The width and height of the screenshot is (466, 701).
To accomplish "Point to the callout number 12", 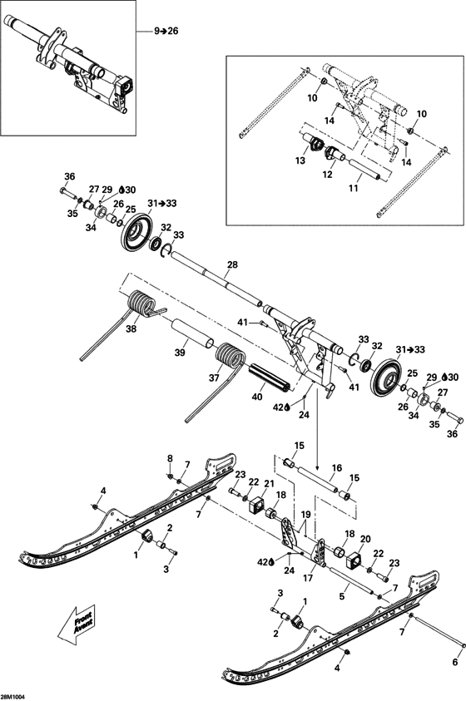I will point(327,175).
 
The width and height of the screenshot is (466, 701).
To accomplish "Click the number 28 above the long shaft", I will point(232,264).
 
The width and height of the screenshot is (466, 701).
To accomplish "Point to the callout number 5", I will point(342,595).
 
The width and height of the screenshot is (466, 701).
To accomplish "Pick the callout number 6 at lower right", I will point(454,662).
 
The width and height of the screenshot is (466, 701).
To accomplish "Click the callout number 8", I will point(171,458).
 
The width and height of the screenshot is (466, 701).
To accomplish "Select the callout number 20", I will point(365,539).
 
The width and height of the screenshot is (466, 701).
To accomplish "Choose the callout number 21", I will point(268,484).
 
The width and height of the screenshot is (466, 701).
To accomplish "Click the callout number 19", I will point(306,515).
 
